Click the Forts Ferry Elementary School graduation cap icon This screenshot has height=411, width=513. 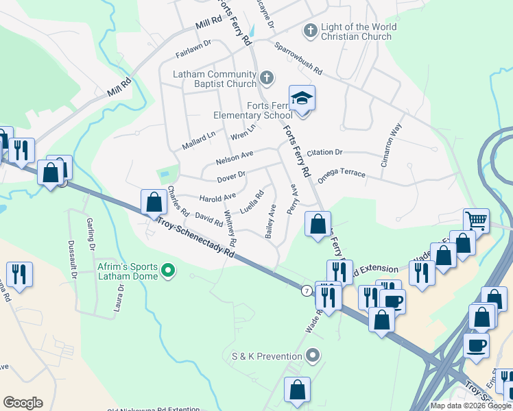pyautogui.click(x=301, y=99)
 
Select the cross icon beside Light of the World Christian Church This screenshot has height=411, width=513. pyautogui.click(x=310, y=31)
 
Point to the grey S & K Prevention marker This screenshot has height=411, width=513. pyautogui.click(x=313, y=356)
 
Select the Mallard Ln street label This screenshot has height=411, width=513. pyautogui.click(x=199, y=140)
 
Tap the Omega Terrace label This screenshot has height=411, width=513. pyautogui.click(x=342, y=175)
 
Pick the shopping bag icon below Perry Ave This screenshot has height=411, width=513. pyautogui.click(x=318, y=224)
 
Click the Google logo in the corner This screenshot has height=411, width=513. pyautogui.click(x=23, y=402)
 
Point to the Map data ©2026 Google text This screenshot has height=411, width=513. pyautogui.click(x=470, y=406)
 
